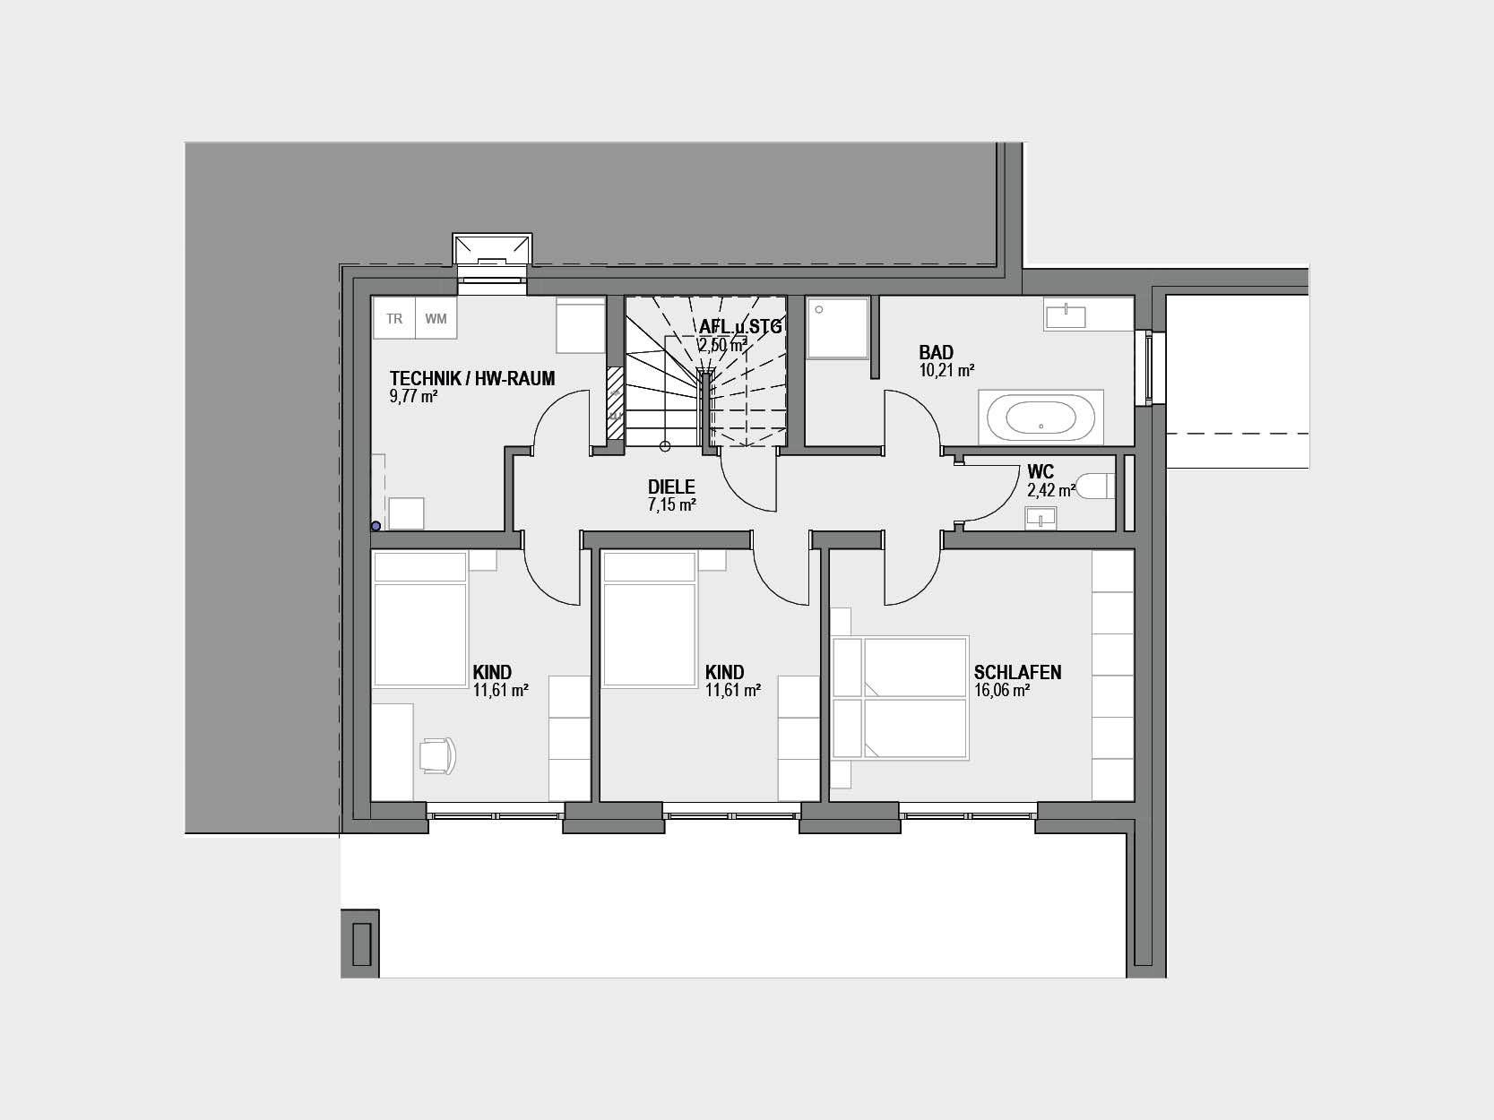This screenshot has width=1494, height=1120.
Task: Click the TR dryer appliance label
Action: coord(394,318)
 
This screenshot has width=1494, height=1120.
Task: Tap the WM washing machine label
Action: coord(436,318)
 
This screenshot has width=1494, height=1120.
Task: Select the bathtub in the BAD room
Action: coord(1041,418)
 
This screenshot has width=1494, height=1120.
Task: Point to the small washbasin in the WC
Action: coord(1040,519)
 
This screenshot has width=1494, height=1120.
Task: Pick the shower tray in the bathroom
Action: coord(838,327)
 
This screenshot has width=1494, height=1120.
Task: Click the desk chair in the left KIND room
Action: coord(437,755)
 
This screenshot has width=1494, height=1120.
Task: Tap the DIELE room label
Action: coord(671,487)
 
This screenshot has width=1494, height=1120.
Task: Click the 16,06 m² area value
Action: coord(1001,690)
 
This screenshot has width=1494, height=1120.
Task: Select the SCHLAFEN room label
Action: coord(1017,672)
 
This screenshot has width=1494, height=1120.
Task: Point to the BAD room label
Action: coord(936,352)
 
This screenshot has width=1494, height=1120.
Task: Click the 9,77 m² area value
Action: coord(413,396)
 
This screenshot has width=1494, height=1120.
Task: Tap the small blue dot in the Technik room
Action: coord(376,526)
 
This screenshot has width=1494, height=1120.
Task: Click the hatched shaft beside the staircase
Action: coord(616,403)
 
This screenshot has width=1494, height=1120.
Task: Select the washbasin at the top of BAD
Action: coord(1066,316)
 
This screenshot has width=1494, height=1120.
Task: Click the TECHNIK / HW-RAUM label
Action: coord(472,378)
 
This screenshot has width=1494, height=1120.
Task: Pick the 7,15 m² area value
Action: coord(671,504)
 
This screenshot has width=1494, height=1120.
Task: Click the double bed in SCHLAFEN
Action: coord(900,697)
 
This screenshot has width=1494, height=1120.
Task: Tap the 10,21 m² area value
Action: coord(946,371)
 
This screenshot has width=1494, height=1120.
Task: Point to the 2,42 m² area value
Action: coord(1051,489)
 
